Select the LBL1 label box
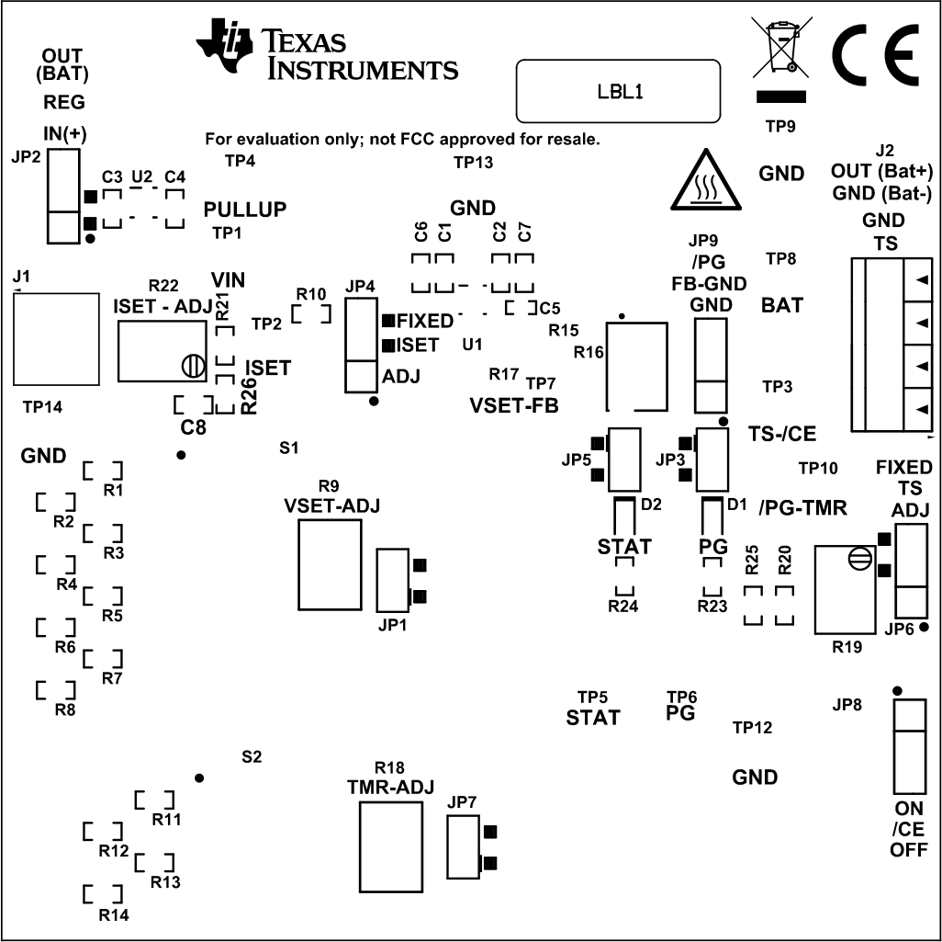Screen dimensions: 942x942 pyautogui.click(x=618, y=91)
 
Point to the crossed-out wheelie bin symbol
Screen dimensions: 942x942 pyautogui.click(x=781, y=47)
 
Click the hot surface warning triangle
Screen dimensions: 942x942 pyautogui.click(x=704, y=180)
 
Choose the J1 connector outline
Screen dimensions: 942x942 pyautogui.click(x=55, y=339)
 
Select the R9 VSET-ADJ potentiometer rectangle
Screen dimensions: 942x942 pyautogui.click(x=330, y=569)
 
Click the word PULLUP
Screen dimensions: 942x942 pyautogui.click(x=245, y=210)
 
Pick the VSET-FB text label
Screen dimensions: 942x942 pyautogui.click(x=513, y=404)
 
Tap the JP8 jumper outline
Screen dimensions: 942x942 pyautogui.click(x=909, y=745)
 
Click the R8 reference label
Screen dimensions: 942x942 pyautogui.click(x=65, y=709)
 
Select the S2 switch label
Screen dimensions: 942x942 pyautogui.click(x=252, y=757)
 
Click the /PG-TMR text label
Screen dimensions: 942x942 pyautogui.click(x=802, y=507)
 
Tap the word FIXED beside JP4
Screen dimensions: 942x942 pyautogui.click(x=425, y=321)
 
